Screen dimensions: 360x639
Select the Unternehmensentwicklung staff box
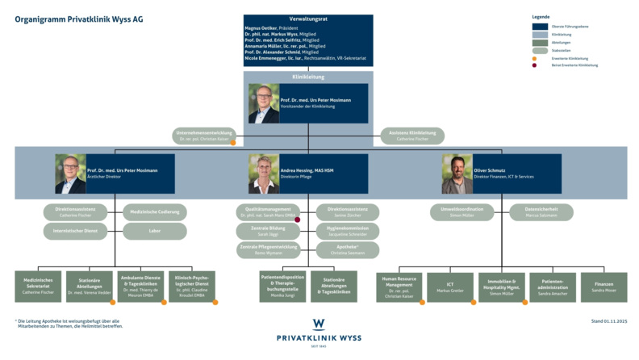(205, 136)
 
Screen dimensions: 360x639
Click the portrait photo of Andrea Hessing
(264, 174)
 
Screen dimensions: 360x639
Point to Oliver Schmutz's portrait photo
(457, 174)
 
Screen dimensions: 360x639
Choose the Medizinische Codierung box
(154, 212)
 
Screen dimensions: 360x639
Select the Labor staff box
(154, 232)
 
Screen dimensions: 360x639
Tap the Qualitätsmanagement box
(268, 212)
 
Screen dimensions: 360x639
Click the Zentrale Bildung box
(268, 232)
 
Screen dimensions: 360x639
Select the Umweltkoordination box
(461, 212)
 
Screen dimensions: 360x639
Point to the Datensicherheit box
(541, 212)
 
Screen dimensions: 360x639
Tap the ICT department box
(449, 287)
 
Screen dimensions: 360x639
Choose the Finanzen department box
(603, 287)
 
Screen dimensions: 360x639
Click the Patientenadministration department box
(553, 287)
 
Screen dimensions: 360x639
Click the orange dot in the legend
(534, 58)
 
